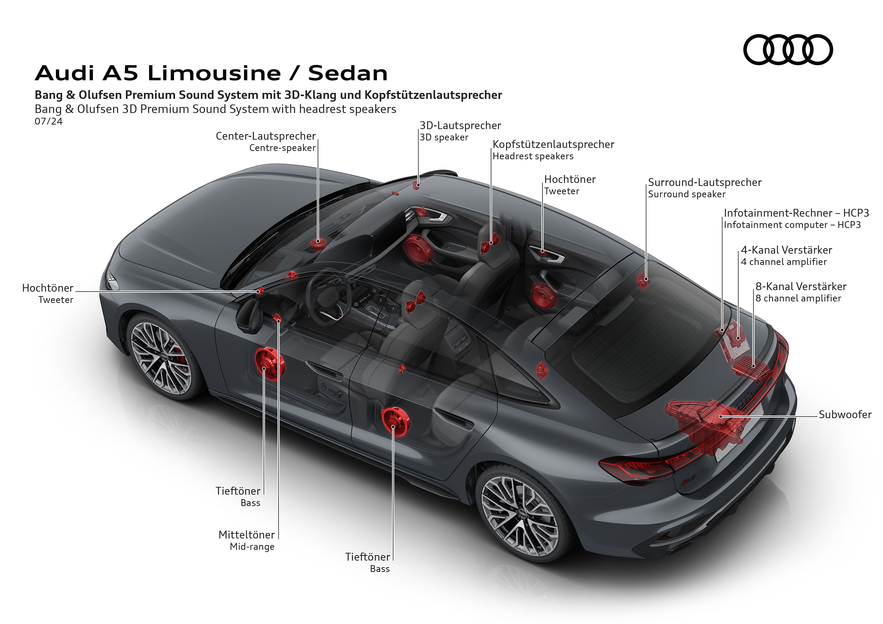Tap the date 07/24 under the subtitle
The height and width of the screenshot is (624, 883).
coord(48,122)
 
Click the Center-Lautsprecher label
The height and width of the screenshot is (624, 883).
coord(265,136)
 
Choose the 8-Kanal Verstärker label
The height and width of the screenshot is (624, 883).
coord(801,287)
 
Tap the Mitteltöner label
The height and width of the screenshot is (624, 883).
coord(246,535)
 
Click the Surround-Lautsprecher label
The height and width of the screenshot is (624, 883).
coord(704,182)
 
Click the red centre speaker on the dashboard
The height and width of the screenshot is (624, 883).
coord(318,243)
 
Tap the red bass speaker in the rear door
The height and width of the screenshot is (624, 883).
coord(395,421)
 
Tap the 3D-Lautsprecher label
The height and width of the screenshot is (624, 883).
coord(460,126)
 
